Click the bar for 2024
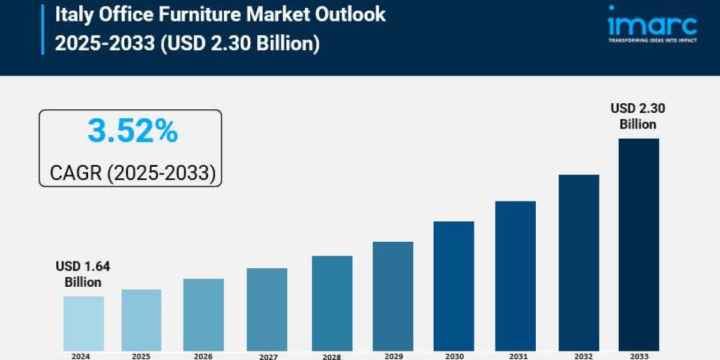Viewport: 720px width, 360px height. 83,323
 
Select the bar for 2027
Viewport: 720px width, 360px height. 267,309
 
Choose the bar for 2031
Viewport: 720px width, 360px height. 515,275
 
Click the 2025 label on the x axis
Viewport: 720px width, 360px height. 141,356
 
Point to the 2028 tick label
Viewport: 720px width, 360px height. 332,356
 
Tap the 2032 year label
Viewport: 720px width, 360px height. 579,356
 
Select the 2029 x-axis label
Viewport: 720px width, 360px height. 393,356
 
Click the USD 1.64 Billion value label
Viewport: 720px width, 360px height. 83,274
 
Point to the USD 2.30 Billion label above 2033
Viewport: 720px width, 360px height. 638,116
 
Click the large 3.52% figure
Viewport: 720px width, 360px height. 133,131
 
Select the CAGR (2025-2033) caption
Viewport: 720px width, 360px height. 133,173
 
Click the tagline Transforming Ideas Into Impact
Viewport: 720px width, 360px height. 652,41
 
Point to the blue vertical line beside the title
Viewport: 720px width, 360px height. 43,28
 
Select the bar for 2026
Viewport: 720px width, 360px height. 203,314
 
